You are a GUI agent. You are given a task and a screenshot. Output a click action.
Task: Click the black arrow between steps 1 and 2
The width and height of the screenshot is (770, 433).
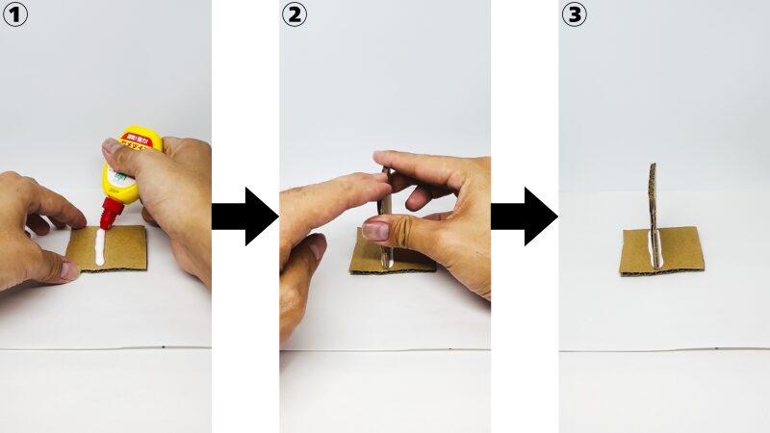(244, 216)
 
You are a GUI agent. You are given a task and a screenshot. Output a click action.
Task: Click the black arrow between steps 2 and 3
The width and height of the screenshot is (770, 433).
(524, 216)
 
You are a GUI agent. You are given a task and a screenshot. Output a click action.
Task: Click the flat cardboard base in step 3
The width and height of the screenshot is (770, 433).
(683, 252)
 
